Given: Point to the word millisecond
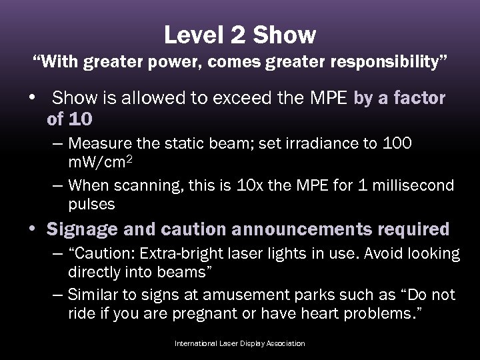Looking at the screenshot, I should pos(414,185).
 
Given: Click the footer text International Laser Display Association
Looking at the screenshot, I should pos(239,343).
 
